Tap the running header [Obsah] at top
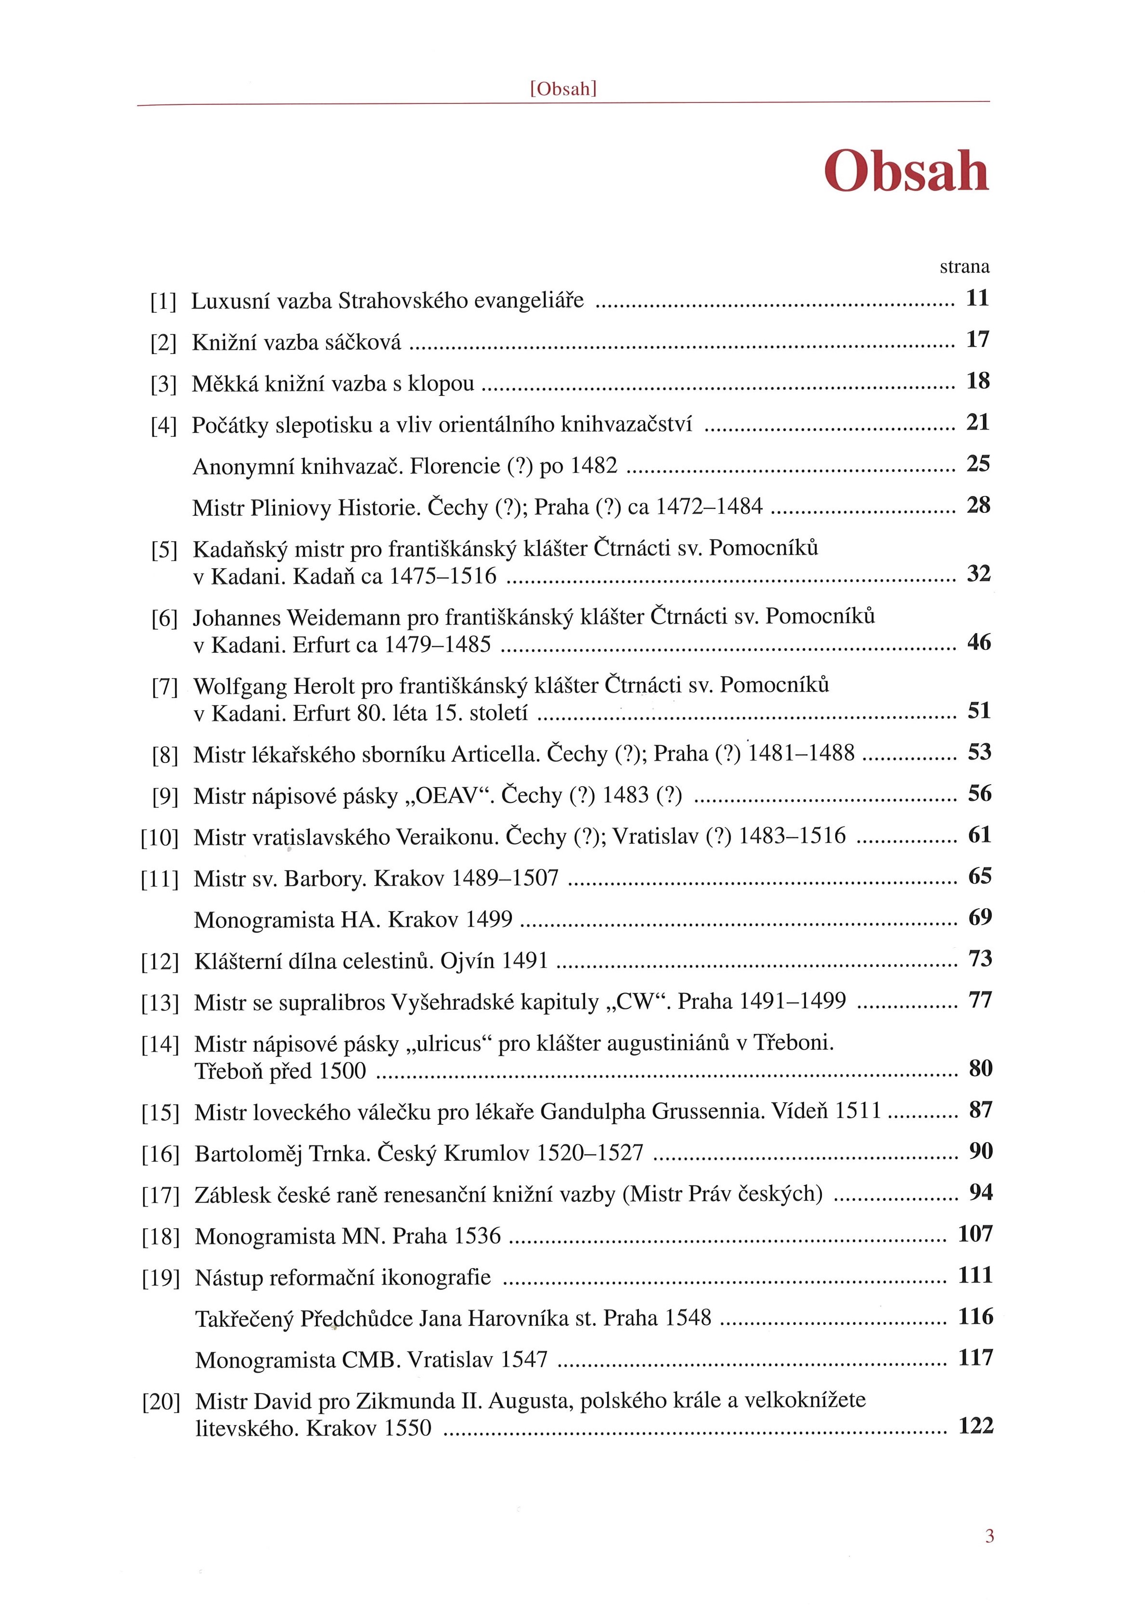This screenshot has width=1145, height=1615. [x=563, y=89]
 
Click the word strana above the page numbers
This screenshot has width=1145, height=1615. [x=964, y=267]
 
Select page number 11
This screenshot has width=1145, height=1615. [x=977, y=298]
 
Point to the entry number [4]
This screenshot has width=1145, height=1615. [x=164, y=426]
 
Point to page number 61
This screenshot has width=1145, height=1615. [x=979, y=835]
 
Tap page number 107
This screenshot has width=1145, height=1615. [x=975, y=1234]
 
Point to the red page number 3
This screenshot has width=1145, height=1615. [x=989, y=1536]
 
